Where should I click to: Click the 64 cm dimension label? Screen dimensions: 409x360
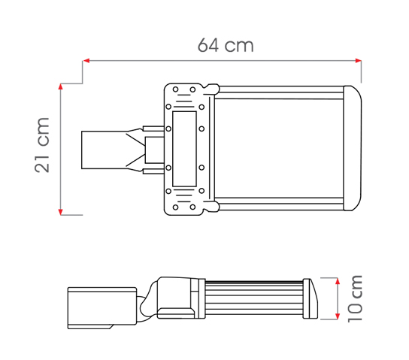(226, 45)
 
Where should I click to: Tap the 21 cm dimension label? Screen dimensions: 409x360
(42, 145)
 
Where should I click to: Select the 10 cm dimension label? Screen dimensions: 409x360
(356, 298)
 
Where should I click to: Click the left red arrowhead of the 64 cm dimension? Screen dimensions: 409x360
(86, 61)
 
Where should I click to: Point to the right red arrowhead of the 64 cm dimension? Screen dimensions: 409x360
(358, 61)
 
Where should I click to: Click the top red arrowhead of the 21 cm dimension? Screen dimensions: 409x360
(60, 87)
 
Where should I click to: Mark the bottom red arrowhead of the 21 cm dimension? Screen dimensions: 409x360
(60, 212)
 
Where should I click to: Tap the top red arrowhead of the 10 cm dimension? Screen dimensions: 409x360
(338, 281)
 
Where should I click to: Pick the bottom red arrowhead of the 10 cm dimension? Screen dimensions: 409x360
(338, 316)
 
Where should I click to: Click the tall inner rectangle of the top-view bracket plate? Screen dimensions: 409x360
(184, 149)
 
